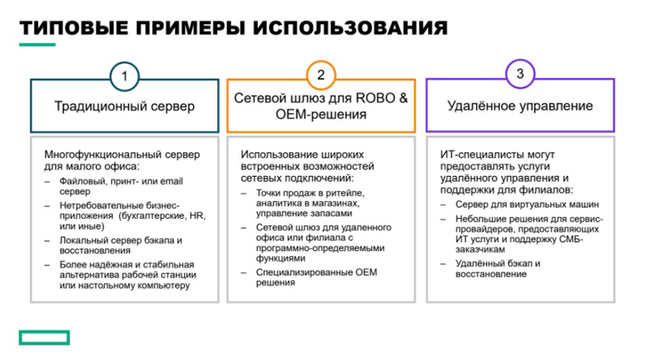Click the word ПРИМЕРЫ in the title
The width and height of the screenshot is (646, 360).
191,28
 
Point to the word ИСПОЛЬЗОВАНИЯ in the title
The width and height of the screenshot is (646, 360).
350,28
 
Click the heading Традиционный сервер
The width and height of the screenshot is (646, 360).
124,106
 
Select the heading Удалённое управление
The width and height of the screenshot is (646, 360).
520,106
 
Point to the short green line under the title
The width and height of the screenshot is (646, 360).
37,44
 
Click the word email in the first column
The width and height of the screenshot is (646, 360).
171,182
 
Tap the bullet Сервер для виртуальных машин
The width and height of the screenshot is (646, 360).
527,204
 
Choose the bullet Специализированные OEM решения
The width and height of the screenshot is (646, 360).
317,277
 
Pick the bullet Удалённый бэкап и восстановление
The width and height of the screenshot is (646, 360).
497,269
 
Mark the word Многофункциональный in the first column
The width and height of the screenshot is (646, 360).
103,155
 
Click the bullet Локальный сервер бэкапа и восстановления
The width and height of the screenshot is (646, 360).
120,245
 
